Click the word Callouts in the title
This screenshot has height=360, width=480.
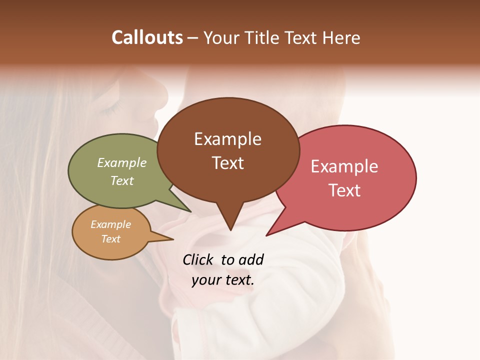click(147, 37)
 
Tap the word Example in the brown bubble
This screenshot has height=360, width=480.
click(227, 139)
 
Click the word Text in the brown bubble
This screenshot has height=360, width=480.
click(227, 163)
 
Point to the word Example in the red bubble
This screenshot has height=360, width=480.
click(344, 166)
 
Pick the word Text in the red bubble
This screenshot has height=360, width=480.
click(344, 190)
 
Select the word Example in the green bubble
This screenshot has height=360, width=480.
click(122, 162)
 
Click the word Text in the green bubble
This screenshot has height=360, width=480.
click(122, 180)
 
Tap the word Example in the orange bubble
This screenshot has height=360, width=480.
click(111, 224)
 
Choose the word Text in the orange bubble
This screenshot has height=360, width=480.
click(111, 239)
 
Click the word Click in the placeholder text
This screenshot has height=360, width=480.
click(198, 260)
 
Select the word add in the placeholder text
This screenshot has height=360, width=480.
click(251, 260)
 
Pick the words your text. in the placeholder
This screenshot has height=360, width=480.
click(223, 280)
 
